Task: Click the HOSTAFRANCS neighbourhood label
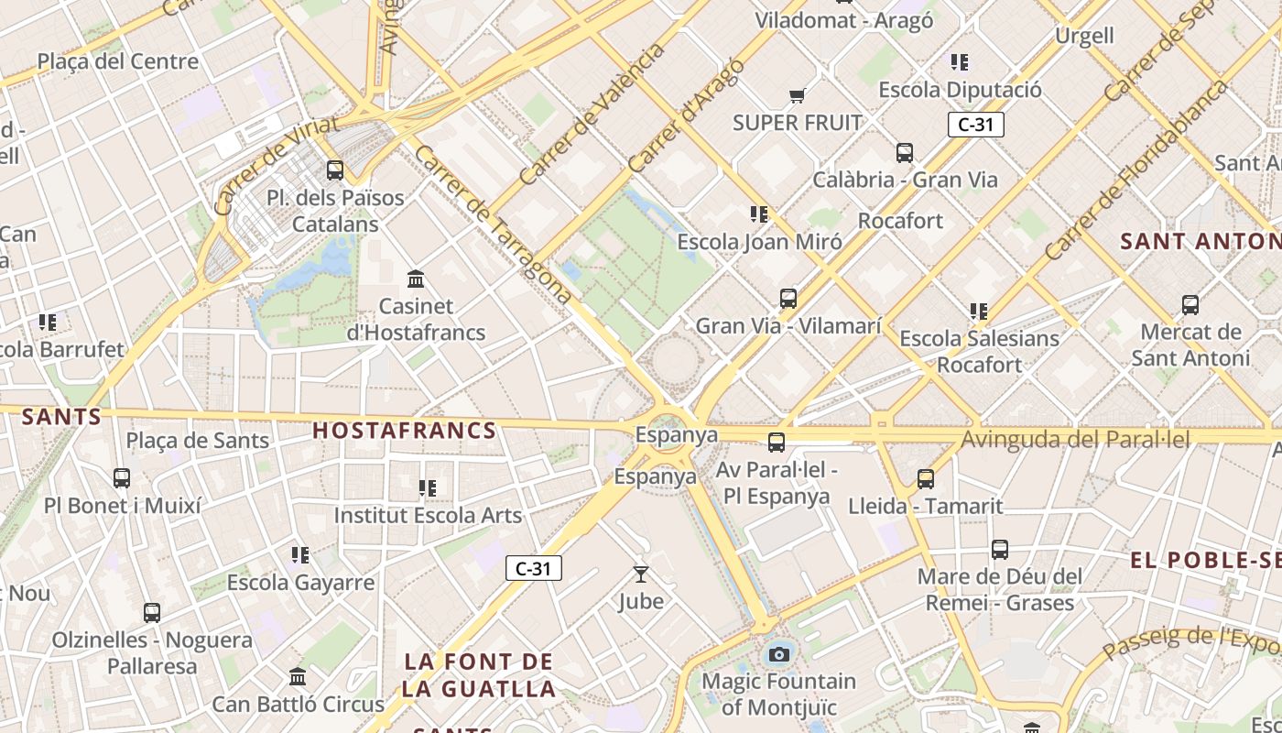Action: (405, 431)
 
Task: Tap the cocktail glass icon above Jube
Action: (641, 574)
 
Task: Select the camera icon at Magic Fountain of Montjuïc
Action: (778, 654)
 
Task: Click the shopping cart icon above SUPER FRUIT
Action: (797, 96)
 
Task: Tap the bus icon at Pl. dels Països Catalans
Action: (335, 170)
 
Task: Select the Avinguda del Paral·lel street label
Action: (1075, 440)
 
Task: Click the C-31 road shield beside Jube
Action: (533, 568)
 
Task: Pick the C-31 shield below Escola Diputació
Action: (976, 125)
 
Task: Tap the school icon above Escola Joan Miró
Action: (759, 214)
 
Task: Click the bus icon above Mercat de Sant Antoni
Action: (1190, 305)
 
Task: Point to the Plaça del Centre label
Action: (117, 61)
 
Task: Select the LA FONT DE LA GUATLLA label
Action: (479, 675)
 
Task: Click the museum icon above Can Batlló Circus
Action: (298, 677)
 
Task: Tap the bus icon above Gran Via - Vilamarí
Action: (788, 299)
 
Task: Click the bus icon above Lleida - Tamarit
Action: (926, 478)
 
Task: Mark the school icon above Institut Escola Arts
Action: (428, 488)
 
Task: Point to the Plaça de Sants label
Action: (198, 441)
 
